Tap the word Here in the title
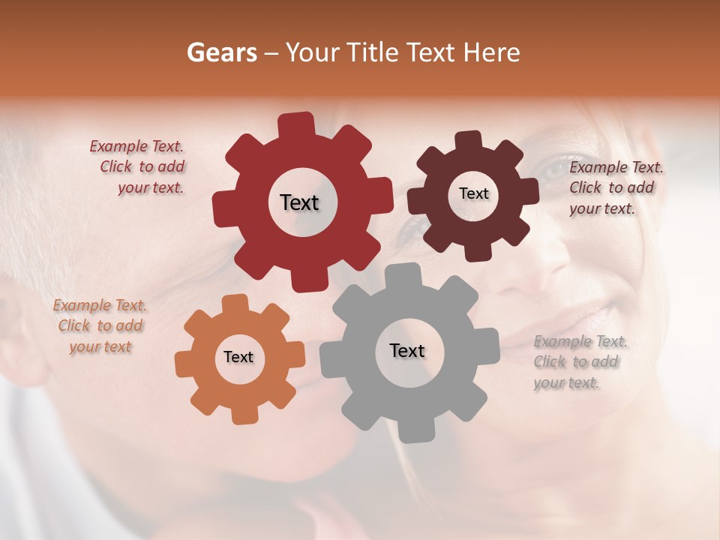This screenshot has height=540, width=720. pos(491,52)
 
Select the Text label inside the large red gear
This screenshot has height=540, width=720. pos(299,202)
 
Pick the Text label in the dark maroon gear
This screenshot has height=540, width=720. pos(473,193)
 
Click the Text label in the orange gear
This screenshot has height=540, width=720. pos(238,357)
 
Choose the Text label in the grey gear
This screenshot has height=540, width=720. pos(407,350)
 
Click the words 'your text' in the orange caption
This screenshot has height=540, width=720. pos(100,346)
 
